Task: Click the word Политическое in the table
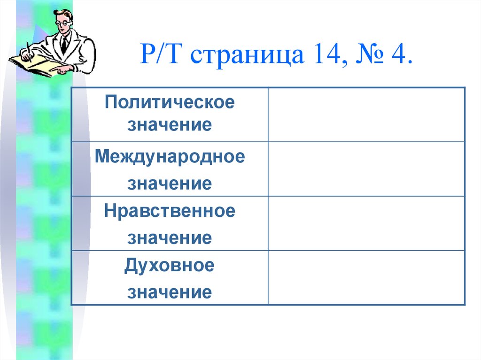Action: click(170, 102)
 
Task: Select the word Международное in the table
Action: click(170, 156)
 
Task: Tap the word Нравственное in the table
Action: click(170, 211)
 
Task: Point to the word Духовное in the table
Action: click(170, 266)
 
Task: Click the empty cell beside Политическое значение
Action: click(366, 114)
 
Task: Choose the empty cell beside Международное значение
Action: click(366, 169)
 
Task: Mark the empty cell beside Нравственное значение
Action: click(366, 223)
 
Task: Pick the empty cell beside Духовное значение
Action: click(366, 278)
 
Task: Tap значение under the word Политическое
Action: click(170, 125)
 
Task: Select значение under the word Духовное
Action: click(170, 292)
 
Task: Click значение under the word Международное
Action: click(170, 184)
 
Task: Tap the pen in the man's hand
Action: click(28, 49)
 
